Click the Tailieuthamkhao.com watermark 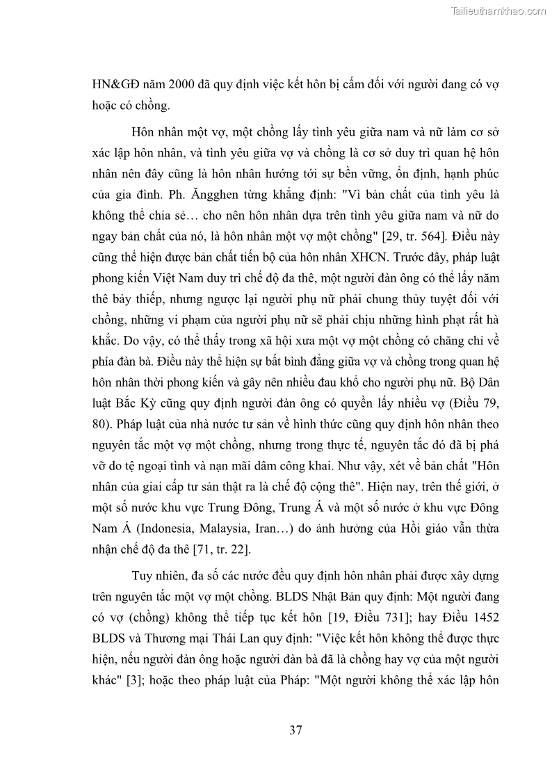pyautogui.click(x=498, y=10)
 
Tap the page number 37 pyautogui.click(x=295, y=730)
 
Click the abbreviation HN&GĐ pyautogui.click(x=116, y=86)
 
